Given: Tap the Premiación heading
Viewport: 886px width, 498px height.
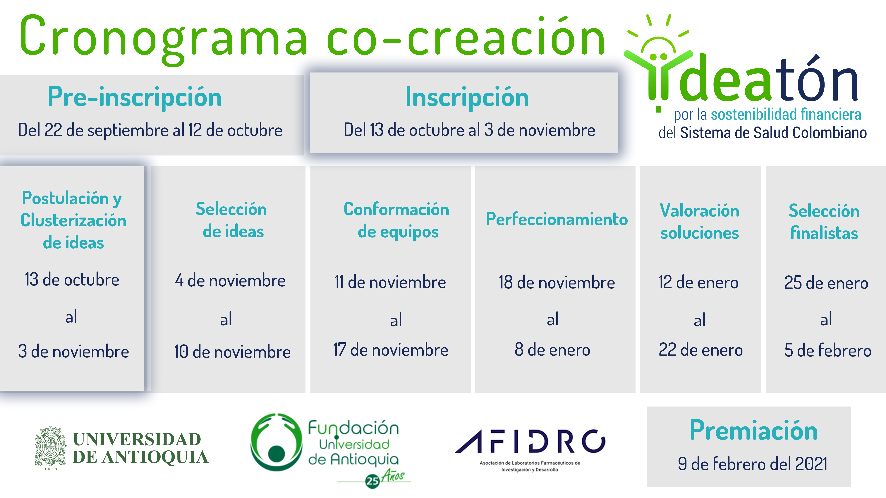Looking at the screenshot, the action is (x=753, y=430).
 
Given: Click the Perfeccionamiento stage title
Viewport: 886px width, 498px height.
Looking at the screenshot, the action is (x=557, y=219).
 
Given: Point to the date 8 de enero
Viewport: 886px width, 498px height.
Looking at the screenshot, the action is (x=552, y=350).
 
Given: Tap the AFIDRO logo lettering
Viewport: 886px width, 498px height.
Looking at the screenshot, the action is (x=530, y=442).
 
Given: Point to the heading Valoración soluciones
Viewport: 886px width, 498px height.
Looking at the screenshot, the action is (x=700, y=222).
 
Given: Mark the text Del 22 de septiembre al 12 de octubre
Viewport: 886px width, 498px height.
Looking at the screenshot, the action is (x=150, y=130).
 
